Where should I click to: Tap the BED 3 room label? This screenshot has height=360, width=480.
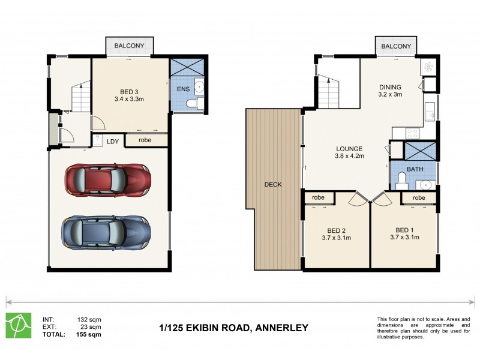click(x=129, y=92)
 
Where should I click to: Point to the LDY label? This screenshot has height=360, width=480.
click(x=113, y=141)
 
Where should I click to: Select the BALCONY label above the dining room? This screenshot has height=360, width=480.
click(x=397, y=46)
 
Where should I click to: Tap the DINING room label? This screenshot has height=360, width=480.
click(x=389, y=86)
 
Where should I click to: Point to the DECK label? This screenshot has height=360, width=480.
click(x=273, y=184)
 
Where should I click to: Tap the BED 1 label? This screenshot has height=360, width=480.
click(x=404, y=230)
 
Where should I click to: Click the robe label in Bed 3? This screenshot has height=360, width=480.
click(x=145, y=140)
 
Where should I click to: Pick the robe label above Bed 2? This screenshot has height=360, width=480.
click(x=318, y=197)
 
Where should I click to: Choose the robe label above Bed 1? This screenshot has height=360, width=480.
click(x=419, y=197)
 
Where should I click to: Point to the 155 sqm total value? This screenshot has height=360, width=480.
click(x=89, y=334)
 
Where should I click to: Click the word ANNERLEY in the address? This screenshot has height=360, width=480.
click(x=281, y=328)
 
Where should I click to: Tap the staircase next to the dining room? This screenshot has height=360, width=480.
click(x=328, y=91)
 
